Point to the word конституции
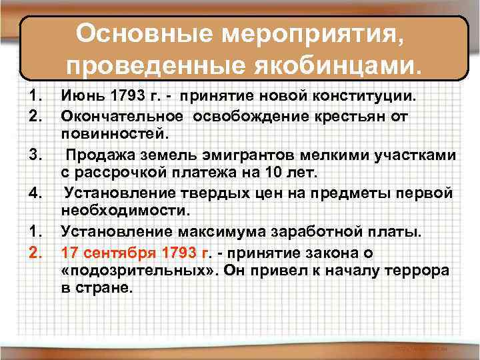tap(370, 96)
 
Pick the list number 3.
tap(34, 155)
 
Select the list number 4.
tap(34, 193)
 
